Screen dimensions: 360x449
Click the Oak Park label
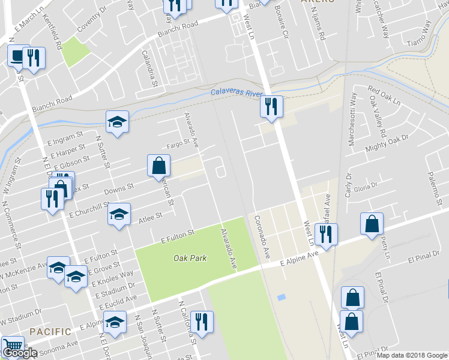point(190,258)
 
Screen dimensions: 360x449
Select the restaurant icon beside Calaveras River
point(271,107)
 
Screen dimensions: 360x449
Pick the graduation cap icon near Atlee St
point(119,214)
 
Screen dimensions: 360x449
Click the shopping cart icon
point(12,346)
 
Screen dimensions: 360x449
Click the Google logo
point(20,353)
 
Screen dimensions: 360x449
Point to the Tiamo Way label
point(419,35)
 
